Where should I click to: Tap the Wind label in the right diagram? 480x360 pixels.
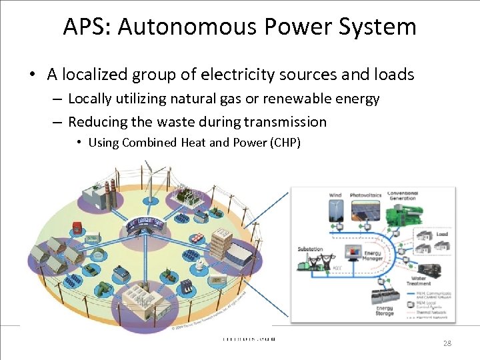[335, 195]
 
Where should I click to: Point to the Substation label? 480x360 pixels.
[310, 249]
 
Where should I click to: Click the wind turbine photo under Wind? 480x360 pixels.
[335, 211]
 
